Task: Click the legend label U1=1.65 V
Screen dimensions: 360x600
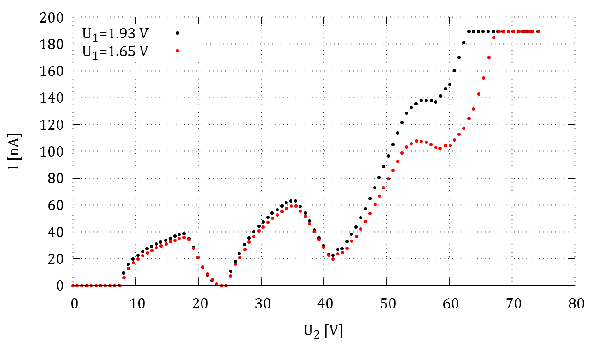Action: [114, 51]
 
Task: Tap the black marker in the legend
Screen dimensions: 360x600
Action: [177, 33]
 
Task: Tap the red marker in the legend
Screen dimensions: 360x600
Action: [177, 51]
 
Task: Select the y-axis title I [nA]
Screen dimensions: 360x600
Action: [18, 151]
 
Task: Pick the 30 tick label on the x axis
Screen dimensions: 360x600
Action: [261, 304]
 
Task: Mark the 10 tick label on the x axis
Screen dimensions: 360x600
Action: [135, 304]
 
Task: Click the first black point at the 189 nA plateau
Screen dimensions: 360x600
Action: [469, 32]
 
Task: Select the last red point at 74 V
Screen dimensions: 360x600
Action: [538, 32]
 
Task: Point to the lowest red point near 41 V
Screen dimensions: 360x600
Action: [333, 259]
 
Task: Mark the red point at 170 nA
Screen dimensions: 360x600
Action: [489, 58]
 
